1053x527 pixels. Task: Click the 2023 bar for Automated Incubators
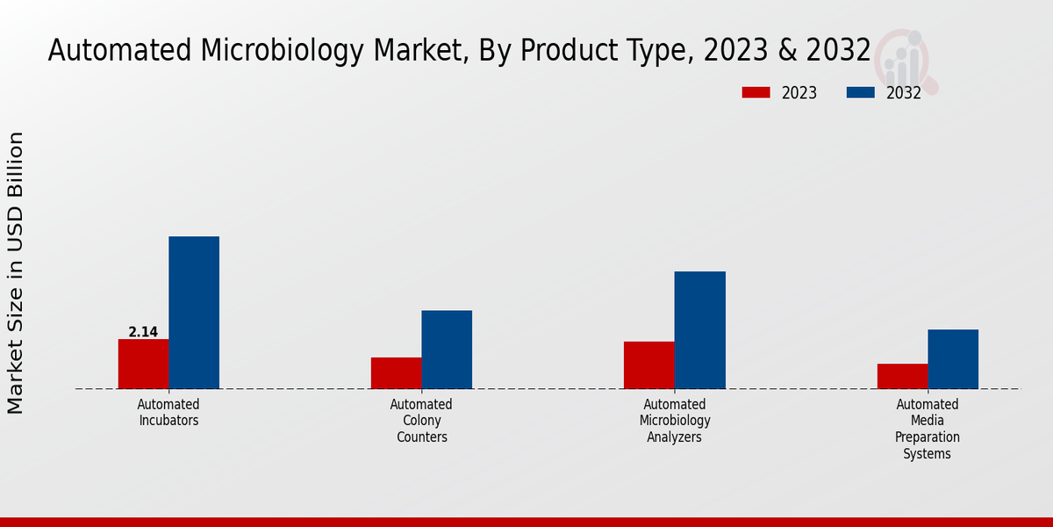pos(143,364)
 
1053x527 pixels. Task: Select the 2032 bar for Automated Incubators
pos(194,312)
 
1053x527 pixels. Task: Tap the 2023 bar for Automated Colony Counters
pos(396,372)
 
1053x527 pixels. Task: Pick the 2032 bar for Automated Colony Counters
pos(447,349)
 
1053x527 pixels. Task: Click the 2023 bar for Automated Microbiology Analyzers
pos(648,365)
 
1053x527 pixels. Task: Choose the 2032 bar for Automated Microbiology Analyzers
pos(699,329)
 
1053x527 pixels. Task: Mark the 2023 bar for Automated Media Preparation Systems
pos(902,376)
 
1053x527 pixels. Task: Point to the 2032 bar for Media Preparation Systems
pos(953,358)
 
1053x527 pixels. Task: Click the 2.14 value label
pos(143,332)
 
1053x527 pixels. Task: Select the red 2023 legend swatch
pos(756,92)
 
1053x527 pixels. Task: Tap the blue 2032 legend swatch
pos(860,92)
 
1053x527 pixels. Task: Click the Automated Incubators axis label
pos(168,412)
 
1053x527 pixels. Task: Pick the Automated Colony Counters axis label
pos(421,421)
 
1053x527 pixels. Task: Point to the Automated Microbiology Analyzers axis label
pos(674,421)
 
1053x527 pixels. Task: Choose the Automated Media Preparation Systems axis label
pos(928,429)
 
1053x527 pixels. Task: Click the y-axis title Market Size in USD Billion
pos(16,272)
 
